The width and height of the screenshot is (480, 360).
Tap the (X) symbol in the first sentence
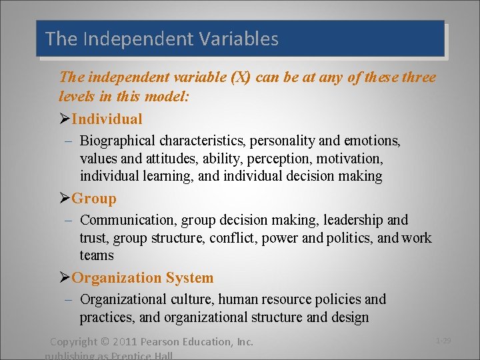(x=240, y=77)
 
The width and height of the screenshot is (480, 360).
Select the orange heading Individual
(x=107, y=119)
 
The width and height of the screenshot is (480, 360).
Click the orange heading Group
(x=94, y=199)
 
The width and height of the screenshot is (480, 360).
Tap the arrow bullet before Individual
(x=65, y=119)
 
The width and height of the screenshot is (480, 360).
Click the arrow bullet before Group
(x=65, y=199)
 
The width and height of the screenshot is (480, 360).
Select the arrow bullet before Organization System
(x=65, y=278)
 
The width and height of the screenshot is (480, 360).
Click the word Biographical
(x=117, y=141)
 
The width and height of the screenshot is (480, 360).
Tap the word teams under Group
(x=97, y=255)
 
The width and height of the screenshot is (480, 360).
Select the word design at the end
(x=348, y=317)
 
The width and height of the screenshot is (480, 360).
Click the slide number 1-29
(x=443, y=341)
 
